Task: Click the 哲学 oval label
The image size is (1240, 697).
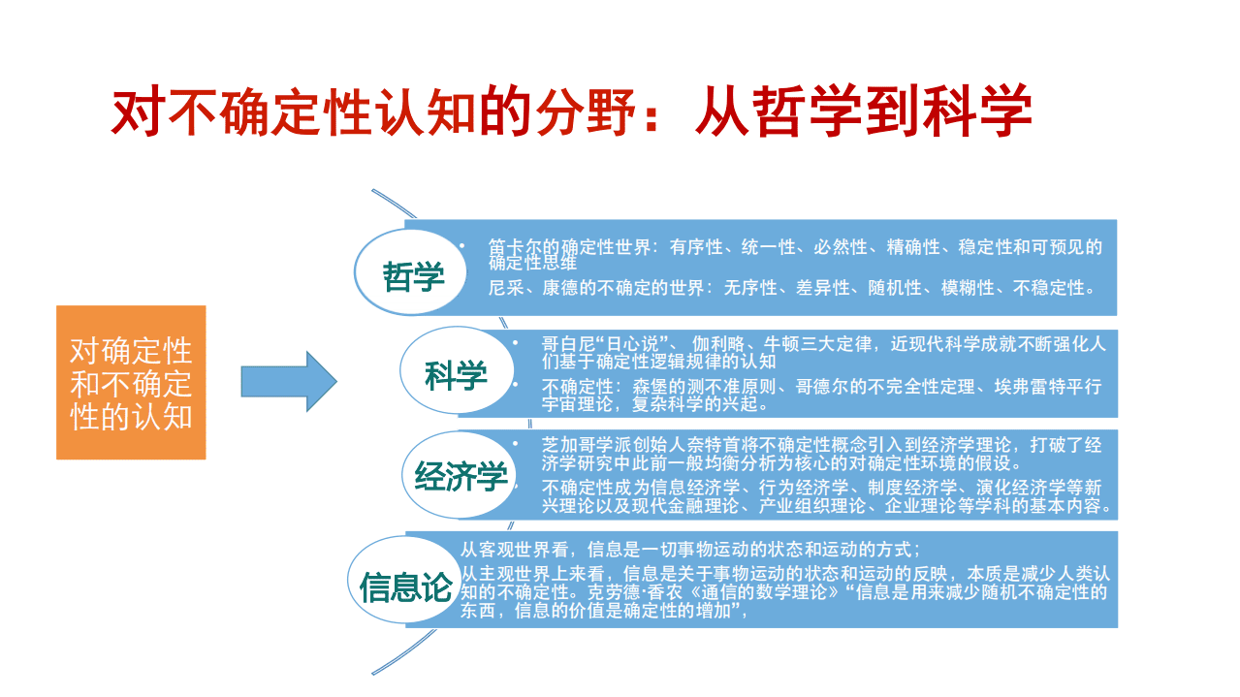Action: [413, 277]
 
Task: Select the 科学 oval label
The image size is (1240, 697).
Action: [456, 375]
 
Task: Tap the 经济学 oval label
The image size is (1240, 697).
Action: [461, 476]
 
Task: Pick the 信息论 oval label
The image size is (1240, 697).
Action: [405, 587]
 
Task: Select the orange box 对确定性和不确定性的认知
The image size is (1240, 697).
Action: [131, 382]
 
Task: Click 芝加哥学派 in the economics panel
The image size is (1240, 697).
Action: [586, 446]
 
